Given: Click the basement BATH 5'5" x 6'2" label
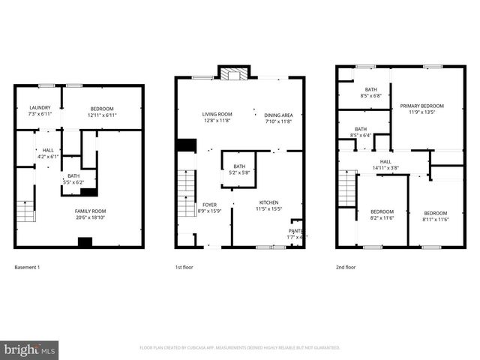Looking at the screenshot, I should (x=73, y=178).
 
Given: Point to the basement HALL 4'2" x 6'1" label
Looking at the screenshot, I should (x=47, y=153).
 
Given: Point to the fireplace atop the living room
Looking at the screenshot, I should (x=233, y=73).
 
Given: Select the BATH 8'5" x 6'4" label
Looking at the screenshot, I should (x=361, y=132).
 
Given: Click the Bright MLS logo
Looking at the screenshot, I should (x=30, y=350).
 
